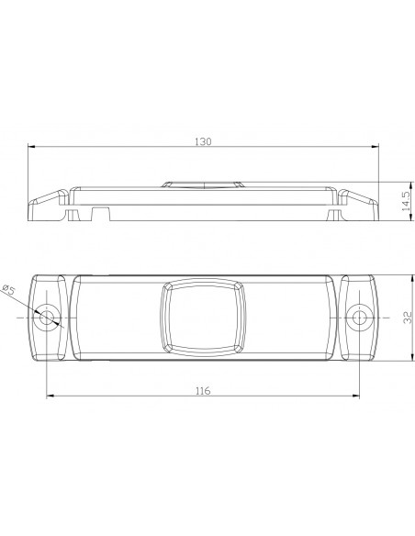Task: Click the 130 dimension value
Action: pyautogui.click(x=203, y=141)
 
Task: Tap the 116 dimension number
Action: pyautogui.click(x=203, y=390)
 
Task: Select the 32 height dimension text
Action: pyautogui.click(x=405, y=317)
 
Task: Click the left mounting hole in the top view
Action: pyautogui.click(x=48, y=318)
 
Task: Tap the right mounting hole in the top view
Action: pyautogui.click(x=359, y=318)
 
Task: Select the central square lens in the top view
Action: pyautogui.click(x=203, y=317)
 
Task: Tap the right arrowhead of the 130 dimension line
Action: pyautogui.click(x=376, y=146)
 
